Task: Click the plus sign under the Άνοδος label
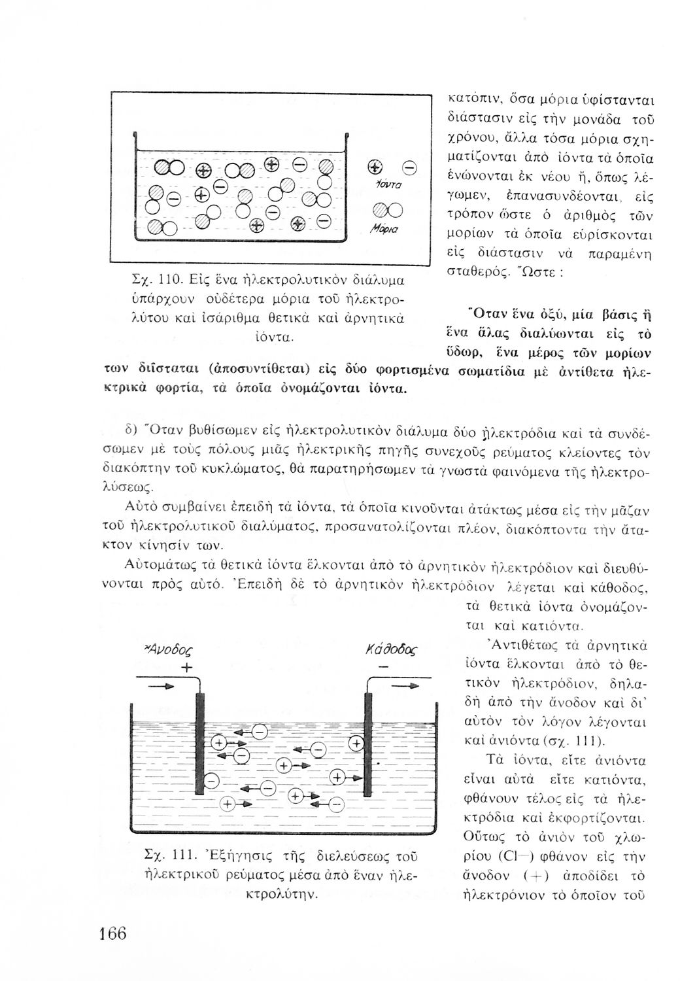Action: [188, 668]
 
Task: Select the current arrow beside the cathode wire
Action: [406, 686]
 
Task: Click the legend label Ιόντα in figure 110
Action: [381, 186]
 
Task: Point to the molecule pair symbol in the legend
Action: [382, 211]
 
